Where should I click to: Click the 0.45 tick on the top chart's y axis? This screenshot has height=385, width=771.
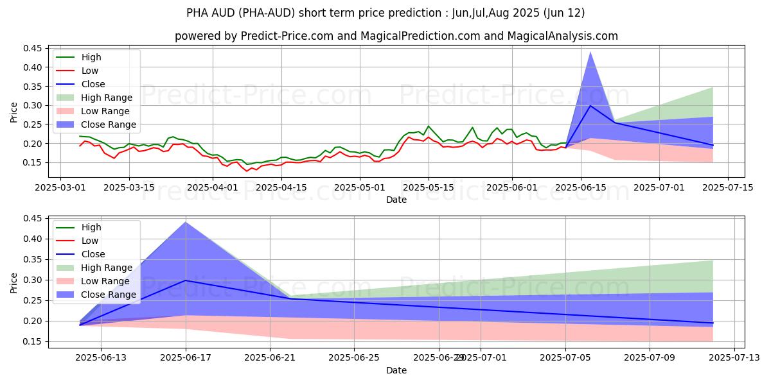[33, 48]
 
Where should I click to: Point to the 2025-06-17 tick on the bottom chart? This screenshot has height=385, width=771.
[186, 357]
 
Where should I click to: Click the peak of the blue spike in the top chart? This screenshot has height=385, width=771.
[590, 52]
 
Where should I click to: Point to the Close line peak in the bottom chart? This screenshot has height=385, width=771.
[186, 280]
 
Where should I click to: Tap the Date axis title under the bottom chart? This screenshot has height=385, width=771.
[396, 370]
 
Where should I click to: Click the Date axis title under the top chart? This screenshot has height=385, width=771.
[396, 200]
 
